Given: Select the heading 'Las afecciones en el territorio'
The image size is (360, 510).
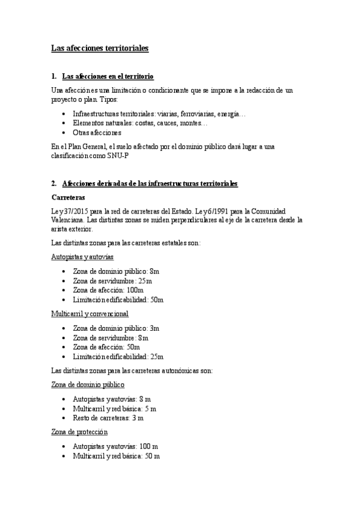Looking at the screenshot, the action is tap(108, 76).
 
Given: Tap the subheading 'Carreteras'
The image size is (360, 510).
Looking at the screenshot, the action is tap(67, 197).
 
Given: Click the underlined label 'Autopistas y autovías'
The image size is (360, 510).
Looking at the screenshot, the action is tap(82, 257).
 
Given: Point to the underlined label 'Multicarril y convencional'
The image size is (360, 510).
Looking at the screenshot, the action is tap(90, 314).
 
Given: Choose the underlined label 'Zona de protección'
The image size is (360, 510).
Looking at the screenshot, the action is tap(80, 432).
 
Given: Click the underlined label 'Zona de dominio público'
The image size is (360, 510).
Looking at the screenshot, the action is tap(88, 385).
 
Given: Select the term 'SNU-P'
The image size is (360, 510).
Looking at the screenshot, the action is tap(119, 155).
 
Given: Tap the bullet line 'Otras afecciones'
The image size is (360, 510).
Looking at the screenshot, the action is tap(97, 132).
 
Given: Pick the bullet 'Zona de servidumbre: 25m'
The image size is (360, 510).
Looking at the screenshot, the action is tap(112, 281).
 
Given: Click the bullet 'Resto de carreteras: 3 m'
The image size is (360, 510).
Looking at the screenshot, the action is tap(108, 417).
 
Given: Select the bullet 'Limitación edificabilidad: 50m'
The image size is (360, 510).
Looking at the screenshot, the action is tap(118, 300).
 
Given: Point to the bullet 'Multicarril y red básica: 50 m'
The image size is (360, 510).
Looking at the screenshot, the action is tap(116, 456).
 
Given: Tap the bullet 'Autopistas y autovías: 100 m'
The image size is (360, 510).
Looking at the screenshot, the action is tap(115, 447).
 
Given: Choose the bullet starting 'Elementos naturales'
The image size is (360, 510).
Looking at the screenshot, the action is tap(139, 123).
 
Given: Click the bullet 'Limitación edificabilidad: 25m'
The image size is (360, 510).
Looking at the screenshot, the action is tap(118, 356).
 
